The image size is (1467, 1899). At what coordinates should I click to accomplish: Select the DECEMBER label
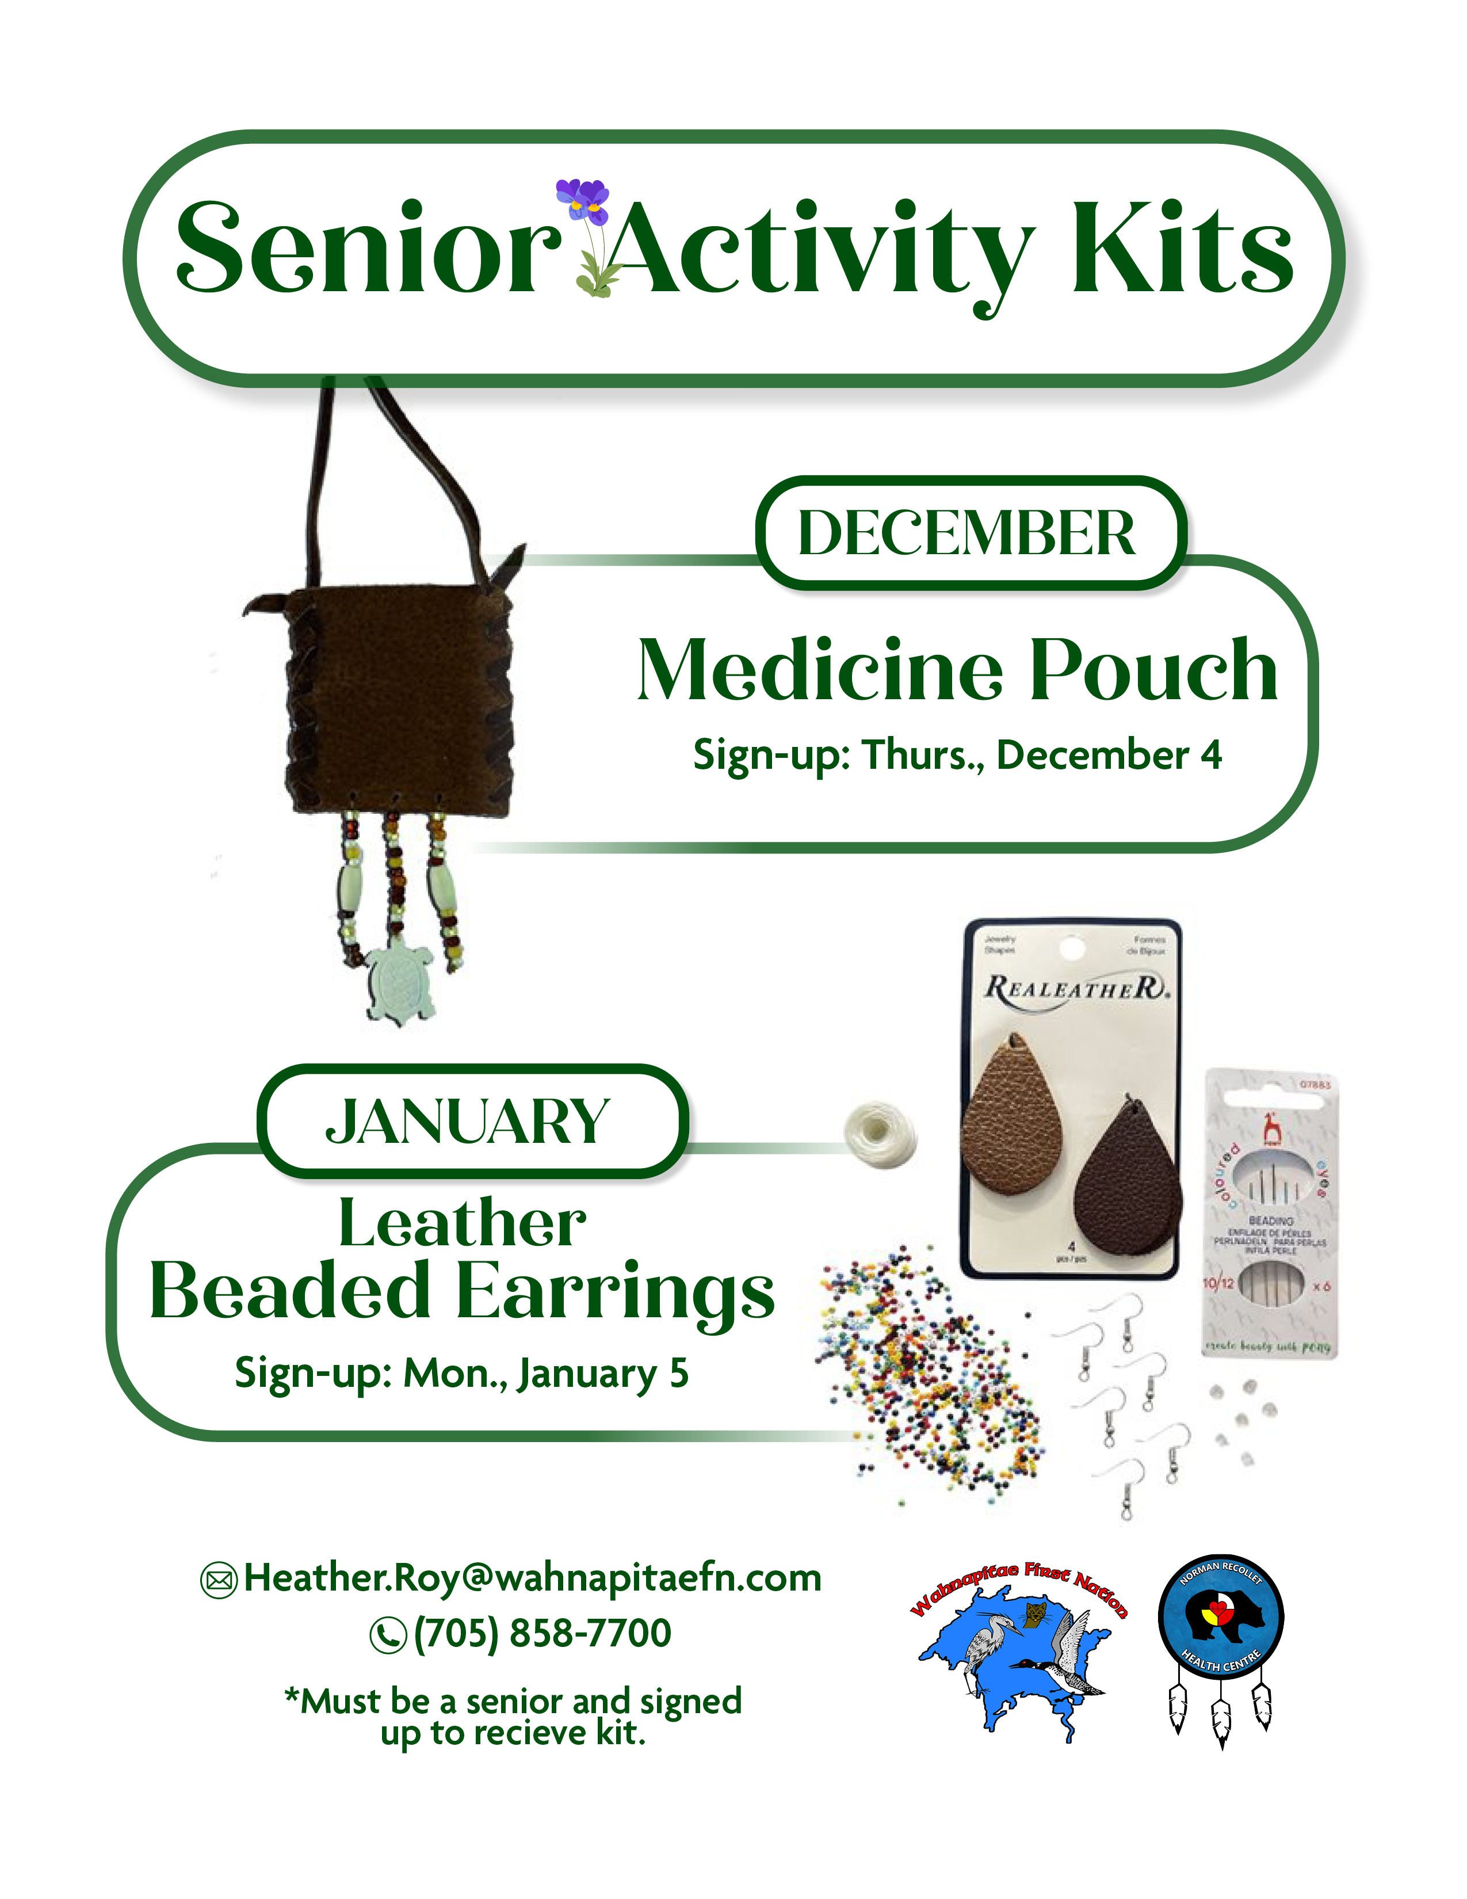(966, 532)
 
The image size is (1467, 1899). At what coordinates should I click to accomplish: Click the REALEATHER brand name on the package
(1076, 989)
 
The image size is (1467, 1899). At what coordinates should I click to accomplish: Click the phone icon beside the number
(388, 1635)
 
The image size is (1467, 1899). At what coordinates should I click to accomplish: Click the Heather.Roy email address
(532, 1577)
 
